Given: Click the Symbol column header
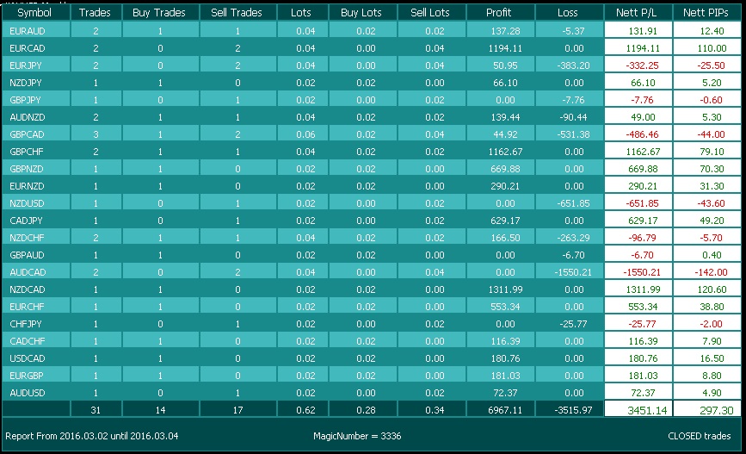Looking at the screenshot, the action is pos(34,13).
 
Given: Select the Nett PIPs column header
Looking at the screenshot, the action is pos(706,13).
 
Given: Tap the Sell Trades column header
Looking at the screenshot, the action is pos(237,13).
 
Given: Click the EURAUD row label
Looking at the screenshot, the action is pos(28,31).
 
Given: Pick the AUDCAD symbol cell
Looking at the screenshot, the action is pos(28,272).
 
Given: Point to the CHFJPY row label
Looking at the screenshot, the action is pos(26,324).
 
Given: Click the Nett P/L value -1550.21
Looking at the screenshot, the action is pos(641,272).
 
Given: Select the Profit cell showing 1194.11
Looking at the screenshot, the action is pos(505,48).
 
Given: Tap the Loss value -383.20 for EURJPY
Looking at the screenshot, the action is pos(573,65).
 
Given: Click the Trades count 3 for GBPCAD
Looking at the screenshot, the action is pos(96,134).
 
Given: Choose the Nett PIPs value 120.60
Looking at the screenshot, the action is pos(712,289).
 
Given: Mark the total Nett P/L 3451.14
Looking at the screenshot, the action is pos(647,410).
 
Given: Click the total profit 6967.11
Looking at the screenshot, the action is pos(505,410).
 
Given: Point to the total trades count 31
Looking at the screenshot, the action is pos(96,410).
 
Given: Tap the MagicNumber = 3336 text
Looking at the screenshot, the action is pos(357,436).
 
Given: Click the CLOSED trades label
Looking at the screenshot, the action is pos(699,436).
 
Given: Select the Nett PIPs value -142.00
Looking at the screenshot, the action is pos(711,272).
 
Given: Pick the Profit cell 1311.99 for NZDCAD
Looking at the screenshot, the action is pos(505,289).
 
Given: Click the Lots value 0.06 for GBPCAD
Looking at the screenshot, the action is pos(305,134).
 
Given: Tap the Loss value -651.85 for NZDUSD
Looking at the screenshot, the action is pos(573,203).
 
